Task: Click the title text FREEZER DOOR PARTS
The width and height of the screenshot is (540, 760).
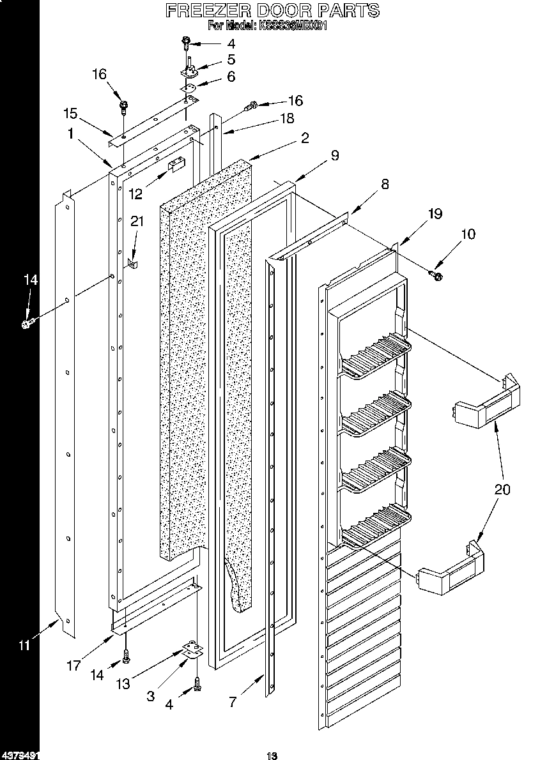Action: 272,10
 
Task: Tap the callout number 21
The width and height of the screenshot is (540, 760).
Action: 137,221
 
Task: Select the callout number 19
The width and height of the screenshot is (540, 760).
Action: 435,214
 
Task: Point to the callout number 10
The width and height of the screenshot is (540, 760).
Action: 468,234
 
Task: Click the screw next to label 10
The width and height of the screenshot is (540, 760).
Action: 438,275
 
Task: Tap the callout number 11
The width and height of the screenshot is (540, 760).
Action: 24,645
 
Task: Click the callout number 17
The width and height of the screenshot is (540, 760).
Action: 73,665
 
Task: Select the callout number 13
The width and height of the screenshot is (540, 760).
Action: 123,684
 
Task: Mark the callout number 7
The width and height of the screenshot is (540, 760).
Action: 233,703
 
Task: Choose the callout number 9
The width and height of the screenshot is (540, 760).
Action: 334,155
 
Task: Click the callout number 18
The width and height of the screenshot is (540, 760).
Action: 287,118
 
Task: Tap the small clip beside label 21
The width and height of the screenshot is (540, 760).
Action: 133,263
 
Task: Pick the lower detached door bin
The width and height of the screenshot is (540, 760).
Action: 451,570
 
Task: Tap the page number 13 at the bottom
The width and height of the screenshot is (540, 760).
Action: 272,756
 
